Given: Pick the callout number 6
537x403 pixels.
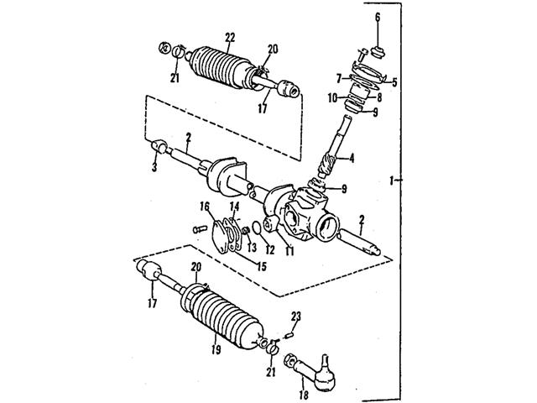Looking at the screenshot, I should point(377,18).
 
